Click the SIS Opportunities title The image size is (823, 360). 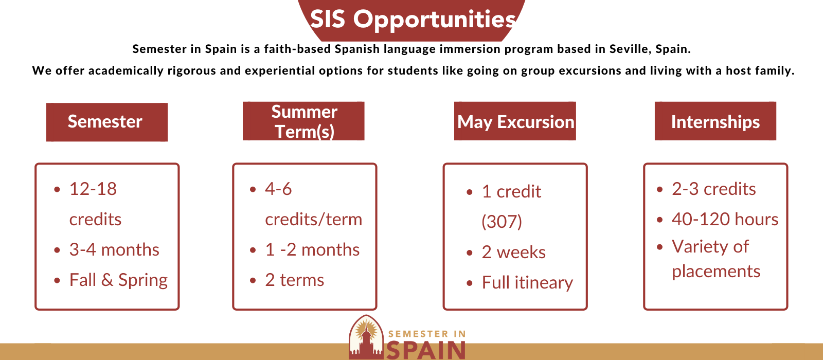click(x=414, y=20)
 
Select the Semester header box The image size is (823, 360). click(x=107, y=122)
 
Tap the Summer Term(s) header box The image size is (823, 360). click(x=303, y=121)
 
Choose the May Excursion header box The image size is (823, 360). click(x=515, y=121)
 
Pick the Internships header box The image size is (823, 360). click(x=715, y=121)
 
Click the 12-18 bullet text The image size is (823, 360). click(x=93, y=189)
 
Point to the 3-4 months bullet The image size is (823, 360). click(x=114, y=250)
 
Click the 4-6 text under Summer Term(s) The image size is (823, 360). click(x=278, y=189)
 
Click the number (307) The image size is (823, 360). click(x=502, y=222)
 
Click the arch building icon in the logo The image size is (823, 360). click(x=366, y=337)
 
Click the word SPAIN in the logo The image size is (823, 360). click(x=426, y=350)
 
